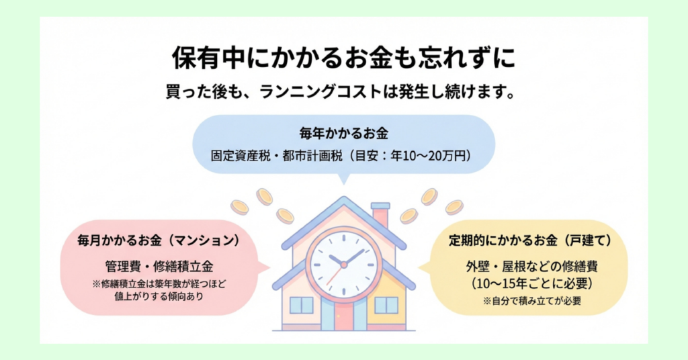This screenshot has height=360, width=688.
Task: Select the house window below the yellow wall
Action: tap(386, 305)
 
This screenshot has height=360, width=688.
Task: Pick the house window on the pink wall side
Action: tap(301, 305)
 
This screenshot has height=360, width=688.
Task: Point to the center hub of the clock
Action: tap(343, 265)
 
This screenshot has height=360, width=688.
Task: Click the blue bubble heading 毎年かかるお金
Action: tap(343, 132)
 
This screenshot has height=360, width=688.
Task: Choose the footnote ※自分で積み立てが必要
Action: tap(531, 302)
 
